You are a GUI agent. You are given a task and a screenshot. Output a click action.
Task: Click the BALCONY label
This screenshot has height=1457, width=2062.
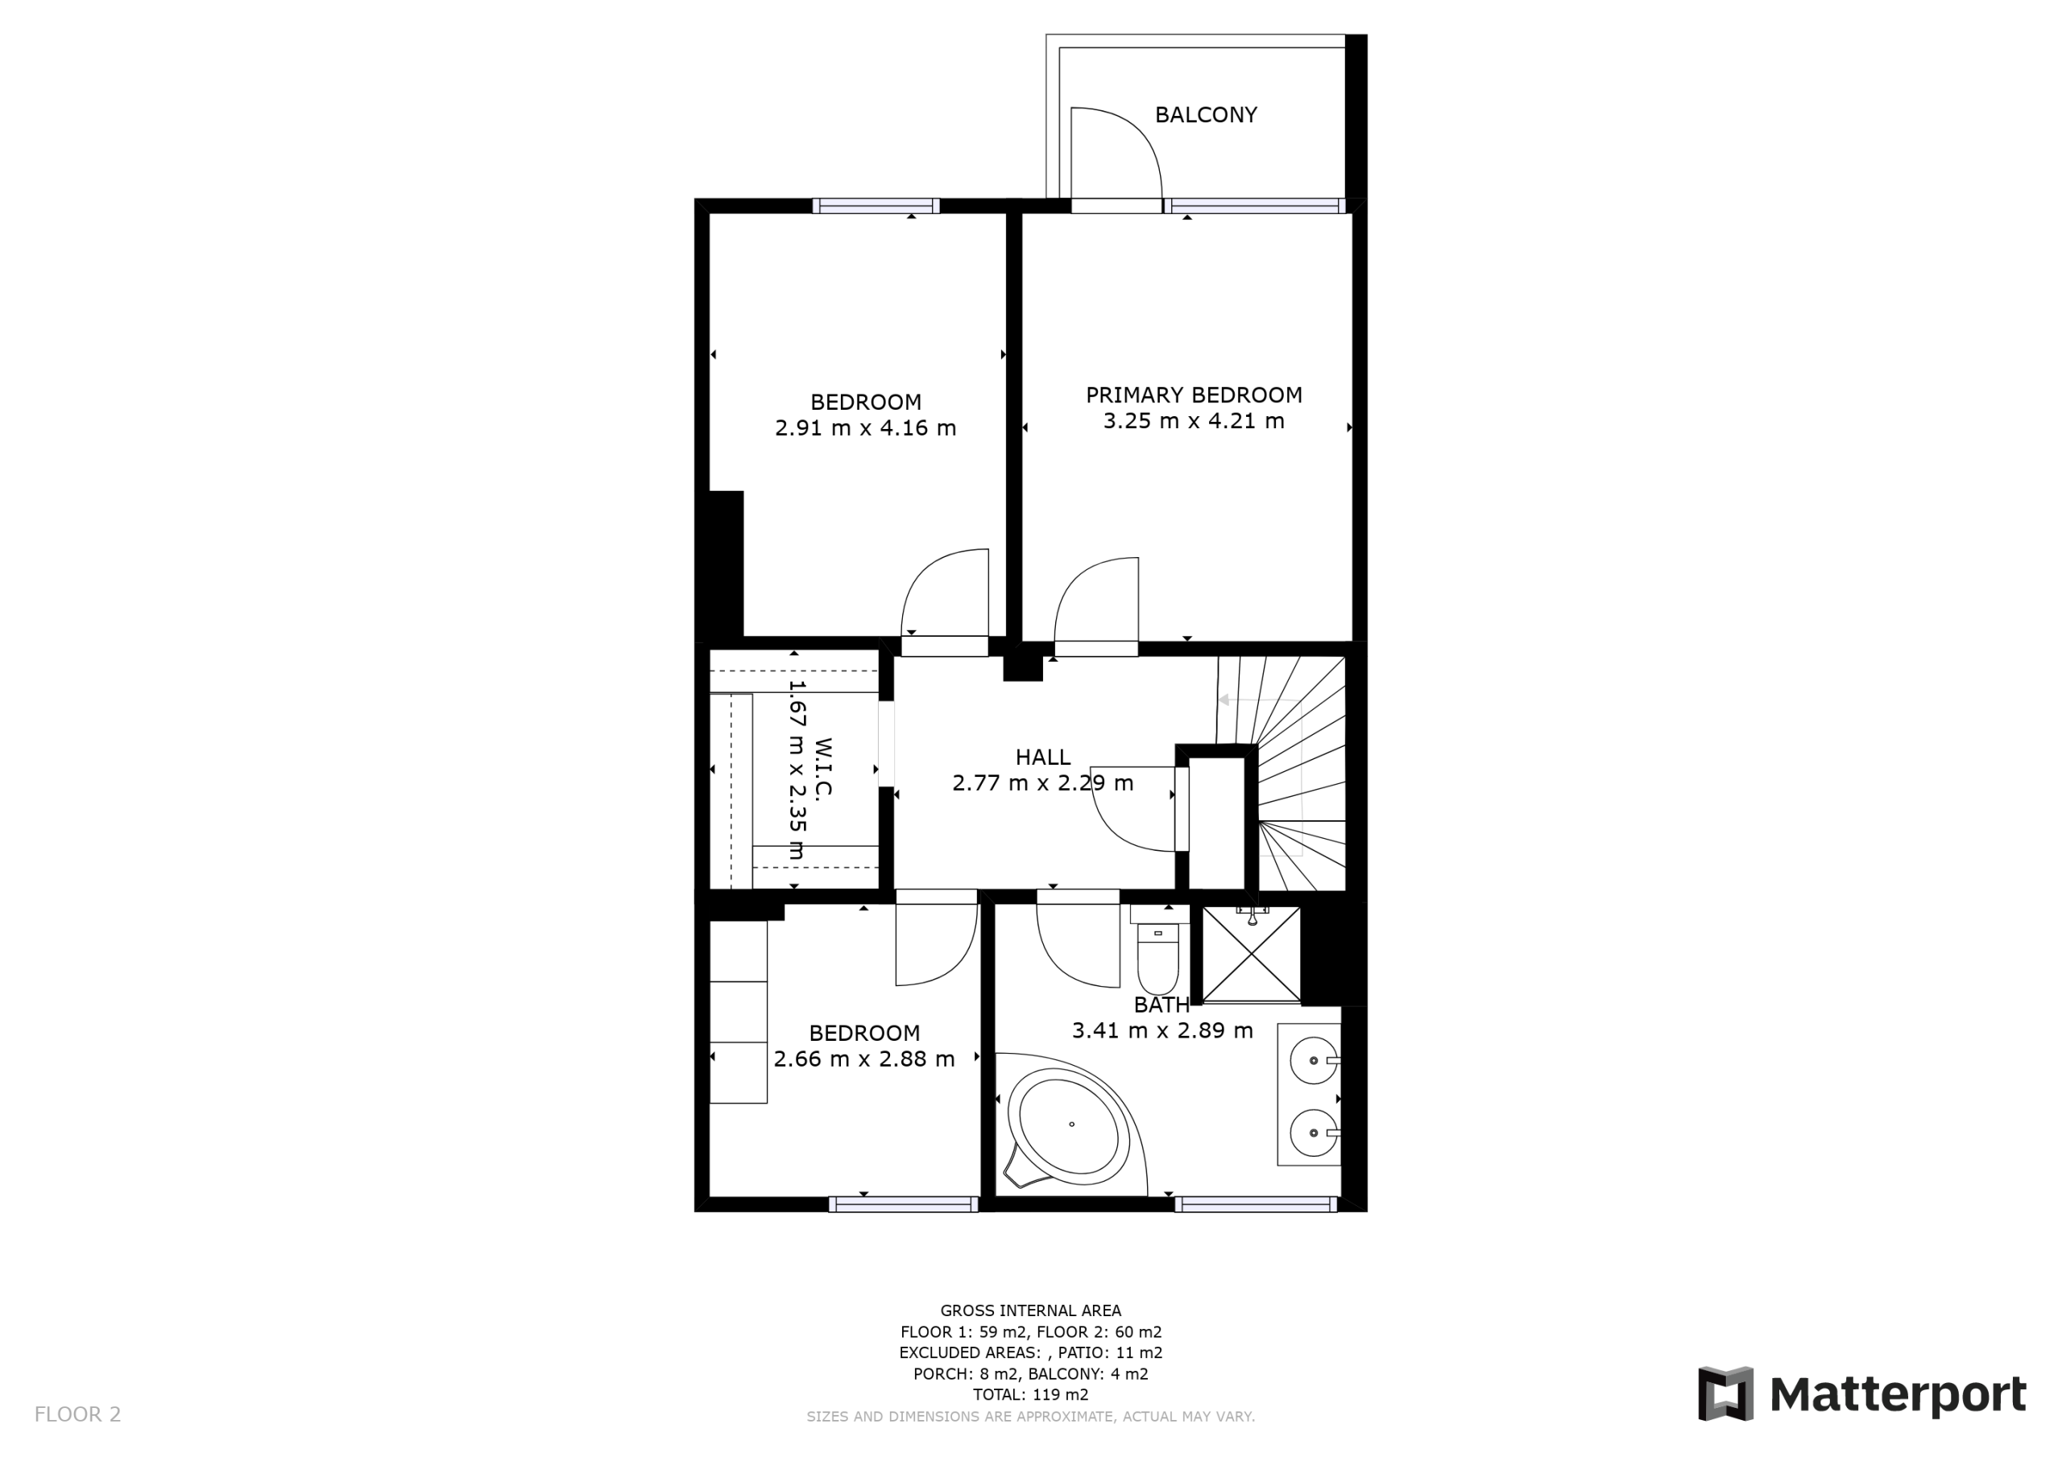tap(1205, 115)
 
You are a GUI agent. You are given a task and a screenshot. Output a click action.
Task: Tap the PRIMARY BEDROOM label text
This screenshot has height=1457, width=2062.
tap(1194, 395)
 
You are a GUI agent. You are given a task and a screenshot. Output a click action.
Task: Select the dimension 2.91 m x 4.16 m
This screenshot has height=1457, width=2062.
tap(865, 428)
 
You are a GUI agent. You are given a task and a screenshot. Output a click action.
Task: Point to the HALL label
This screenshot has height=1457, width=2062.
tap(1042, 757)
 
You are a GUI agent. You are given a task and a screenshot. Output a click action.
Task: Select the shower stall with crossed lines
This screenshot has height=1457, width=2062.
tap(1251, 954)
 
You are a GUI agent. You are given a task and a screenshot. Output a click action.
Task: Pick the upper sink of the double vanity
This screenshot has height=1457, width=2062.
tap(1315, 1060)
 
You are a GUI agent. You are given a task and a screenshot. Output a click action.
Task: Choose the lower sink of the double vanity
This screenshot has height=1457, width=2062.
tap(1315, 1133)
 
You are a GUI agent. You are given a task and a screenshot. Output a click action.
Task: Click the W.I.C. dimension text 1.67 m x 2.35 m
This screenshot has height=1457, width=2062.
tap(797, 770)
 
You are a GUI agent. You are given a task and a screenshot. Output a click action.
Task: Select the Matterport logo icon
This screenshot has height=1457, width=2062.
tap(1725, 1394)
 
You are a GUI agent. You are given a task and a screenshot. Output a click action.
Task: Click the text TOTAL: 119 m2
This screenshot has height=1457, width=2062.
tap(1031, 1394)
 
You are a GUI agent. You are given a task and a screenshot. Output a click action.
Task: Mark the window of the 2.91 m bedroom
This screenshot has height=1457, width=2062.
tap(876, 205)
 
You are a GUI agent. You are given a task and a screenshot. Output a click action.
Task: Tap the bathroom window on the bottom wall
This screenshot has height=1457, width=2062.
tap(1256, 1205)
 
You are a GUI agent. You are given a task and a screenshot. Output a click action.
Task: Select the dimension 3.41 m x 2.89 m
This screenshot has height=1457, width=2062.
tap(1162, 1030)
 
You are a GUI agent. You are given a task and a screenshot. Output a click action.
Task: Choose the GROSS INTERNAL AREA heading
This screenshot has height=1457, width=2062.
tap(1031, 1310)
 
